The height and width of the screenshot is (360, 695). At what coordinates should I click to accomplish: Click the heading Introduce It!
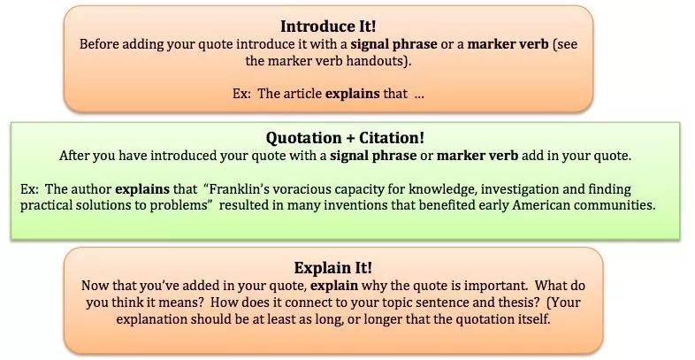(328, 27)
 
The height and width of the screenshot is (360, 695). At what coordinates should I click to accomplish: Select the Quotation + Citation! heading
(345, 138)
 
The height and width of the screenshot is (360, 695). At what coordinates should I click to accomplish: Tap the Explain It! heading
(333, 268)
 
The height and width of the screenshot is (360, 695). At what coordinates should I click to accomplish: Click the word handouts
(378, 61)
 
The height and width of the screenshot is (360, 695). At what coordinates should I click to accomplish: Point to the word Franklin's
(239, 189)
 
